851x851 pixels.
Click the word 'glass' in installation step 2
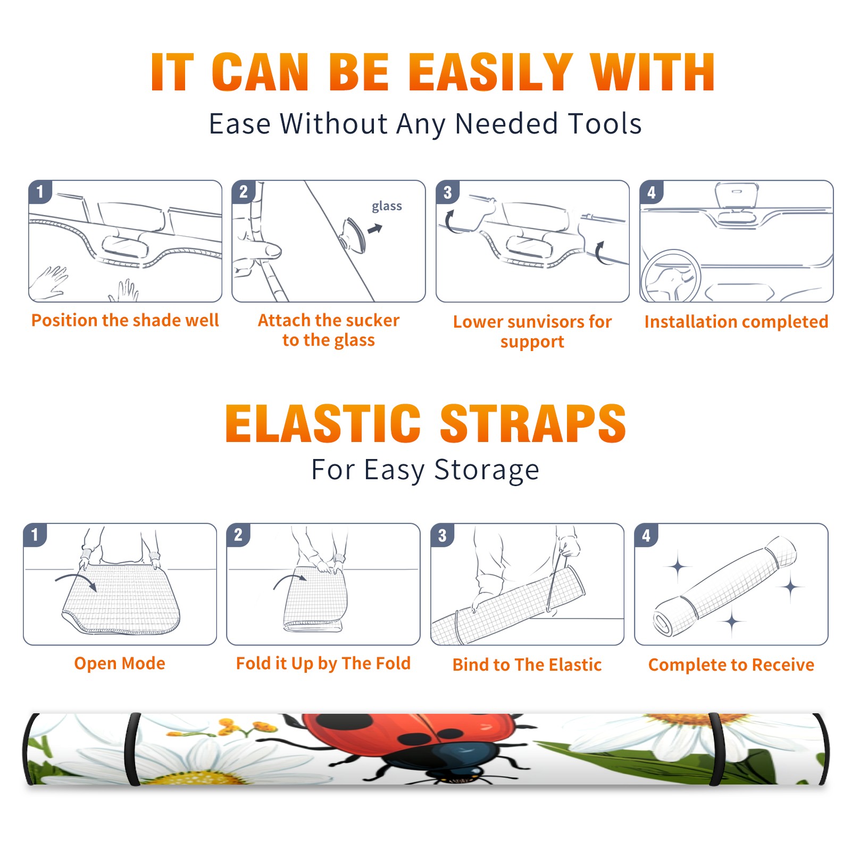tap(387, 206)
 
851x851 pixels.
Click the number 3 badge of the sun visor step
tap(447, 192)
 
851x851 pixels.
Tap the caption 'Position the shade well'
tap(125, 320)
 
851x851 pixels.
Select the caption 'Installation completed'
tap(736, 322)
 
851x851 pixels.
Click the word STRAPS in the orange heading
tap(533, 423)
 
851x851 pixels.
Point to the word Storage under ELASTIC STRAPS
tap(487, 470)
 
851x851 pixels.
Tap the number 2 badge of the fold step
tap(238, 535)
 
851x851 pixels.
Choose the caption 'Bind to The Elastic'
tap(527, 665)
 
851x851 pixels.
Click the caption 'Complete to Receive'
tap(731, 665)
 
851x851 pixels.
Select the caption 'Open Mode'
tap(120, 663)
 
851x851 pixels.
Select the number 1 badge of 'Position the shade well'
tap(40, 191)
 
